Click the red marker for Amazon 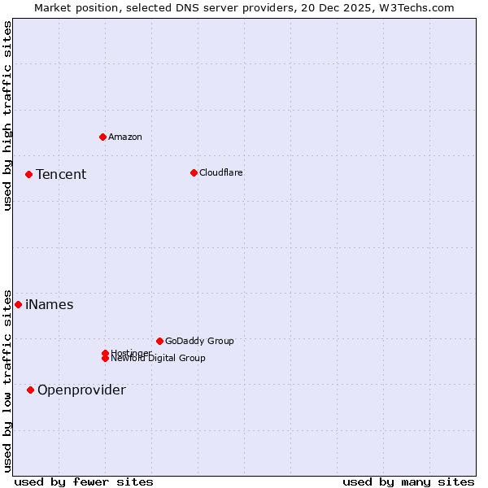tap(102, 137)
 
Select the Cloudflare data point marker tap(194, 172)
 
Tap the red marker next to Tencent tap(28, 174)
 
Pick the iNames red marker tap(18, 304)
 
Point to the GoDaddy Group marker tap(159, 341)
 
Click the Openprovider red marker tap(30, 390)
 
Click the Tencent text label tap(61, 174)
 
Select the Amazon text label tap(125, 137)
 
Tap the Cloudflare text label tap(221, 172)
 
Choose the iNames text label tap(50, 304)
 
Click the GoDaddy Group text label tap(199, 341)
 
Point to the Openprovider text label tap(81, 390)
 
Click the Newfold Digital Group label tap(159, 359)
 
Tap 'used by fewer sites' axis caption tap(84, 481)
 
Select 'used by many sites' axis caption tap(408, 481)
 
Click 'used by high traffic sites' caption tap(7, 115)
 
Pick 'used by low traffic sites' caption tap(7, 381)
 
